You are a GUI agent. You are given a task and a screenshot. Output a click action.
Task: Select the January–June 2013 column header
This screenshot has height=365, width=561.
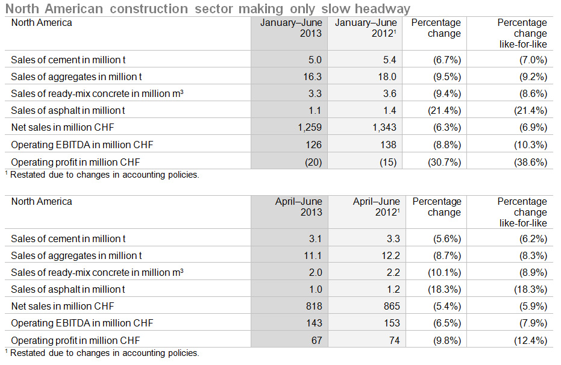tap(291, 28)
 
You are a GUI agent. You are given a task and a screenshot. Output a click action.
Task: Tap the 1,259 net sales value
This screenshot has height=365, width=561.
tap(310, 127)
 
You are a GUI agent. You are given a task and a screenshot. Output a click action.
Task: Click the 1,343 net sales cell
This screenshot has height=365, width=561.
tap(384, 127)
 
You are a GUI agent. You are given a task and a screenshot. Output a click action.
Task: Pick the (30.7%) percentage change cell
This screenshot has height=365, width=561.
tap(444, 162)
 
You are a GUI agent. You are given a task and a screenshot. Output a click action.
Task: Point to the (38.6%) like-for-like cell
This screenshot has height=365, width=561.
tap(531, 162)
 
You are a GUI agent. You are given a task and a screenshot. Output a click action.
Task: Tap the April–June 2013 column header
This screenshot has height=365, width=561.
tap(299, 207)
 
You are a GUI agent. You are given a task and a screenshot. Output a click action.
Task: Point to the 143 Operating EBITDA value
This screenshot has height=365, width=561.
tap(314, 323)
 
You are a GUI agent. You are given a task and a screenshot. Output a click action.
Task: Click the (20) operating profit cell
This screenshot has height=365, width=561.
tap(313, 162)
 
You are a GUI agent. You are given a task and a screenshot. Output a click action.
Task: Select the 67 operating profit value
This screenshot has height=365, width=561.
tap(316, 340)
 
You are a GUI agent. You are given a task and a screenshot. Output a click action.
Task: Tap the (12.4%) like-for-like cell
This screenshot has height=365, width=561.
tap(531, 340)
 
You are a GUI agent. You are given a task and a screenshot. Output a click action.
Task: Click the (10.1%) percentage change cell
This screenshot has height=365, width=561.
tap(444, 272)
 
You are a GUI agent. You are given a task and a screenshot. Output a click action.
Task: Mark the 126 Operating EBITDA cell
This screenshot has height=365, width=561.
tap(314, 145)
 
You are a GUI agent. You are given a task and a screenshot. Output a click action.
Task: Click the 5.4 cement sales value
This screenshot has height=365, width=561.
tap(390, 60)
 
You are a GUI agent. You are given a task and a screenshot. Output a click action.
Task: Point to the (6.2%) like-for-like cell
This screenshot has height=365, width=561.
tap(533, 239)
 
